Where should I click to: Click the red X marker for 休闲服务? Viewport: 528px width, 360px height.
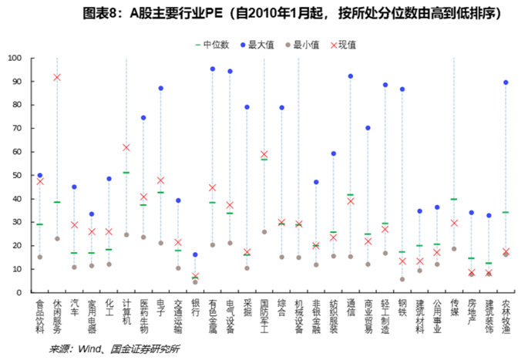[x=57, y=77]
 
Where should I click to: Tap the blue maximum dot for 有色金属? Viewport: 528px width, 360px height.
[x=213, y=69]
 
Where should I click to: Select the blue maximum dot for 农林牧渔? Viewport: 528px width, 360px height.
[x=506, y=82]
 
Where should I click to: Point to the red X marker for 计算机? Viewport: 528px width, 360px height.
[x=126, y=147]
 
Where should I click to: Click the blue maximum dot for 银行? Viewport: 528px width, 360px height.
[x=195, y=254]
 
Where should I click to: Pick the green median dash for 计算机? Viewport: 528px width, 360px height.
[x=126, y=173]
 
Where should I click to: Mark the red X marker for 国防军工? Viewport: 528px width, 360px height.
[x=264, y=154]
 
